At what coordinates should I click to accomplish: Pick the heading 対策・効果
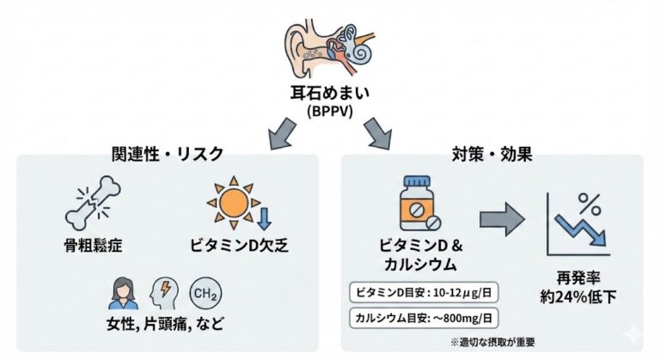pyautogui.click(x=491, y=155)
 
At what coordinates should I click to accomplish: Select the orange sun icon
pyautogui.click(x=229, y=202)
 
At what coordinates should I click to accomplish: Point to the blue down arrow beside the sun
pyautogui.click(x=265, y=215)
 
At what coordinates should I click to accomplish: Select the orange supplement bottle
pyautogui.click(x=419, y=204)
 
